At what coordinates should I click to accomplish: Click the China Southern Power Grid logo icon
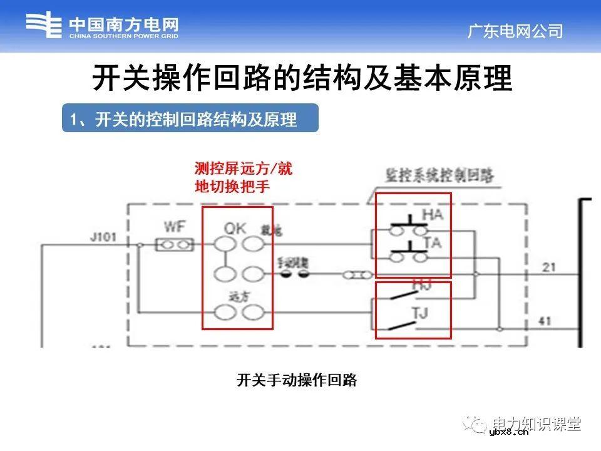point(44,27)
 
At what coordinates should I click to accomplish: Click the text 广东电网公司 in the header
point(515,31)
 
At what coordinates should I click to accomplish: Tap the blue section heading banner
point(190,118)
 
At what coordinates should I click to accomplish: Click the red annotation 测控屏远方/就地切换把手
point(243,177)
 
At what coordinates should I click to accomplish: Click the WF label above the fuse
point(173,226)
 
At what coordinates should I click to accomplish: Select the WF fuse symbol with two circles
point(173,245)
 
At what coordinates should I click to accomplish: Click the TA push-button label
point(433,242)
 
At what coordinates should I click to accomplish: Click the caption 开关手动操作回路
point(296,380)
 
